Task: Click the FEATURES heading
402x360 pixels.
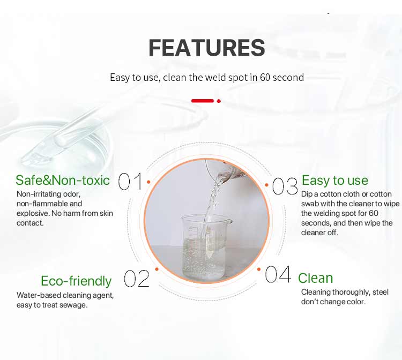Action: coord(207,48)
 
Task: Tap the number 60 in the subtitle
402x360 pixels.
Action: coord(265,77)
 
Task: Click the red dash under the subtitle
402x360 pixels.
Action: coord(203,101)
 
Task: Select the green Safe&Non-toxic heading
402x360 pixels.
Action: coord(63,180)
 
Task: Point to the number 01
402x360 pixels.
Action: coord(130,181)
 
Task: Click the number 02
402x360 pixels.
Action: coord(136,278)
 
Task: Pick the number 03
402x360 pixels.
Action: coord(285,186)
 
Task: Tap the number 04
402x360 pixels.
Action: coord(278,274)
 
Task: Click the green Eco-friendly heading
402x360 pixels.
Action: coord(76,281)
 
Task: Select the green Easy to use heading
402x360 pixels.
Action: coord(335,181)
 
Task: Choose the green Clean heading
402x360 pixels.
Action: coord(315,278)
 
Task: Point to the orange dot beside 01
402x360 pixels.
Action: coord(148,182)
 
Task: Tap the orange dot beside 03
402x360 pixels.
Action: coord(266,185)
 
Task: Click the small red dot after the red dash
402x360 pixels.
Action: coord(219,101)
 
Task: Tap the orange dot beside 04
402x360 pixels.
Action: coord(259,269)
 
